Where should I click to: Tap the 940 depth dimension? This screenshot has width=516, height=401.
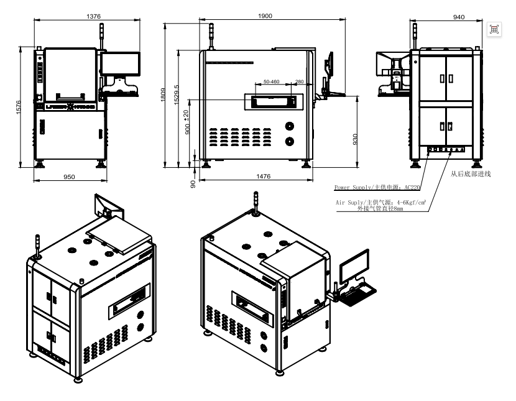click(x=459, y=17)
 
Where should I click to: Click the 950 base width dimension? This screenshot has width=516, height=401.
click(x=69, y=177)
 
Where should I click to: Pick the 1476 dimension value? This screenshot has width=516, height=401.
click(x=263, y=177)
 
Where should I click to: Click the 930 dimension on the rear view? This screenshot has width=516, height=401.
click(x=355, y=137)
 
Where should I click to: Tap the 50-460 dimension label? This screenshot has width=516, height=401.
click(x=271, y=81)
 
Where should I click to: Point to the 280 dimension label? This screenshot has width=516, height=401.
click(x=299, y=81)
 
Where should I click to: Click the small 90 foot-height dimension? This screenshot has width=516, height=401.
click(x=193, y=183)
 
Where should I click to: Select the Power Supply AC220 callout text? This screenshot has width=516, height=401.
click(x=377, y=187)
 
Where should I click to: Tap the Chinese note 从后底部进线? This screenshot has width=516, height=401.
click(x=471, y=174)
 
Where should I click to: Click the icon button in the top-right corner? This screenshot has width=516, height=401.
click(x=494, y=29)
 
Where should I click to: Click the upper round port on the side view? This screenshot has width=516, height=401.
click(x=289, y=125)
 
